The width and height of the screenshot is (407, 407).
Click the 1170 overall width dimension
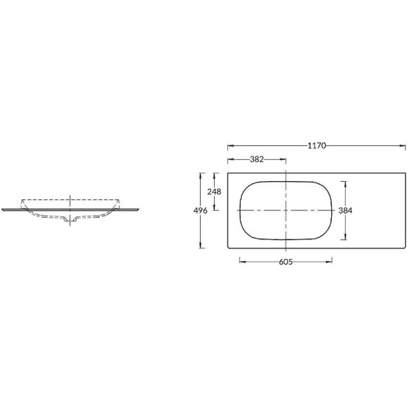pos(316,146)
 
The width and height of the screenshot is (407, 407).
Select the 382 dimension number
pos(257,159)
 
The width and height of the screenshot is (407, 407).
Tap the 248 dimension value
pos(214,192)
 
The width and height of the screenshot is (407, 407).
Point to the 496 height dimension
pos(201,211)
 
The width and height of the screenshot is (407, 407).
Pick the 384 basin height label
pos(345,211)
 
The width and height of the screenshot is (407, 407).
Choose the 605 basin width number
pos(286,262)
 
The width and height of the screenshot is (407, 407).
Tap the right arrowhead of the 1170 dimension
pos(402,146)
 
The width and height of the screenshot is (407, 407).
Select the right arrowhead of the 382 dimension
pos(283,159)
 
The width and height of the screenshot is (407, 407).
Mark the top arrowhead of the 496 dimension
pos(200,176)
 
